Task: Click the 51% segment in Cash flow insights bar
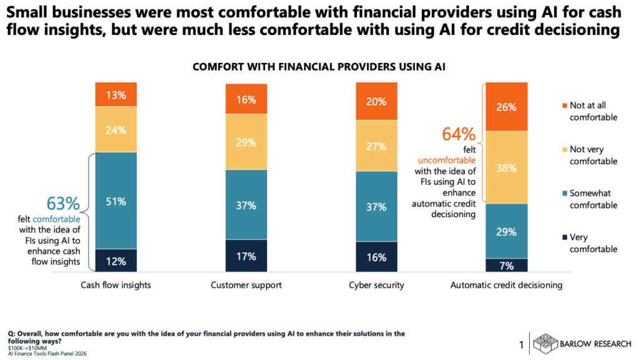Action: (x=115, y=201)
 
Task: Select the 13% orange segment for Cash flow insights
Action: (x=115, y=95)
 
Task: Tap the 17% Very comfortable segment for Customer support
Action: (x=246, y=256)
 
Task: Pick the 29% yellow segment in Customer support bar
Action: (x=246, y=142)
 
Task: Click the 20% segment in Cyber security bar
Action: (x=376, y=102)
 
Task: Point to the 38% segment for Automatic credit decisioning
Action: (x=506, y=167)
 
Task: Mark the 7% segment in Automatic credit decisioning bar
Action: (x=506, y=265)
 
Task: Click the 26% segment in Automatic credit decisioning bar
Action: (x=506, y=107)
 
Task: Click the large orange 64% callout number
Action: (x=459, y=134)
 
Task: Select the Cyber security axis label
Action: (x=376, y=285)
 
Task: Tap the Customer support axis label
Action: (x=246, y=285)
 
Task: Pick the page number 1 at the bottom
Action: (x=522, y=344)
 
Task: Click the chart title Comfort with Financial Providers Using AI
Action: (x=319, y=67)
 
